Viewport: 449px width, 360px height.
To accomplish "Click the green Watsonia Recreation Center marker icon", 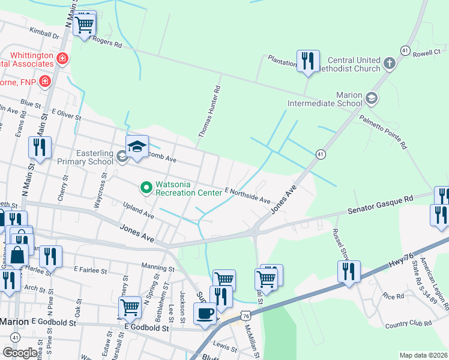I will tap(146, 188).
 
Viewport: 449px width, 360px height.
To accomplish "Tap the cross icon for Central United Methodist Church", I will tap(390, 63).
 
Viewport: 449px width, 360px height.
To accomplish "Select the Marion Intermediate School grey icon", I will tap(372, 98).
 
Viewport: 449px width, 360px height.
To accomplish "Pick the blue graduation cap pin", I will tap(137, 146).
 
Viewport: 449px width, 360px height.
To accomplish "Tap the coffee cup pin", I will tap(205, 314).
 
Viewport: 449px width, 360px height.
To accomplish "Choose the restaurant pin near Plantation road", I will tap(308, 61).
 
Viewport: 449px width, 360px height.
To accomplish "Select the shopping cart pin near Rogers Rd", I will tap(85, 24).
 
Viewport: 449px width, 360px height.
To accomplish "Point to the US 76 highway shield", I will tap(245, 315).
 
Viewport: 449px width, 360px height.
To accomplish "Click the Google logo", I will tap(20, 353).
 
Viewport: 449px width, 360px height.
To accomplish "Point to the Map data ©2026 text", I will tap(423, 355).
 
